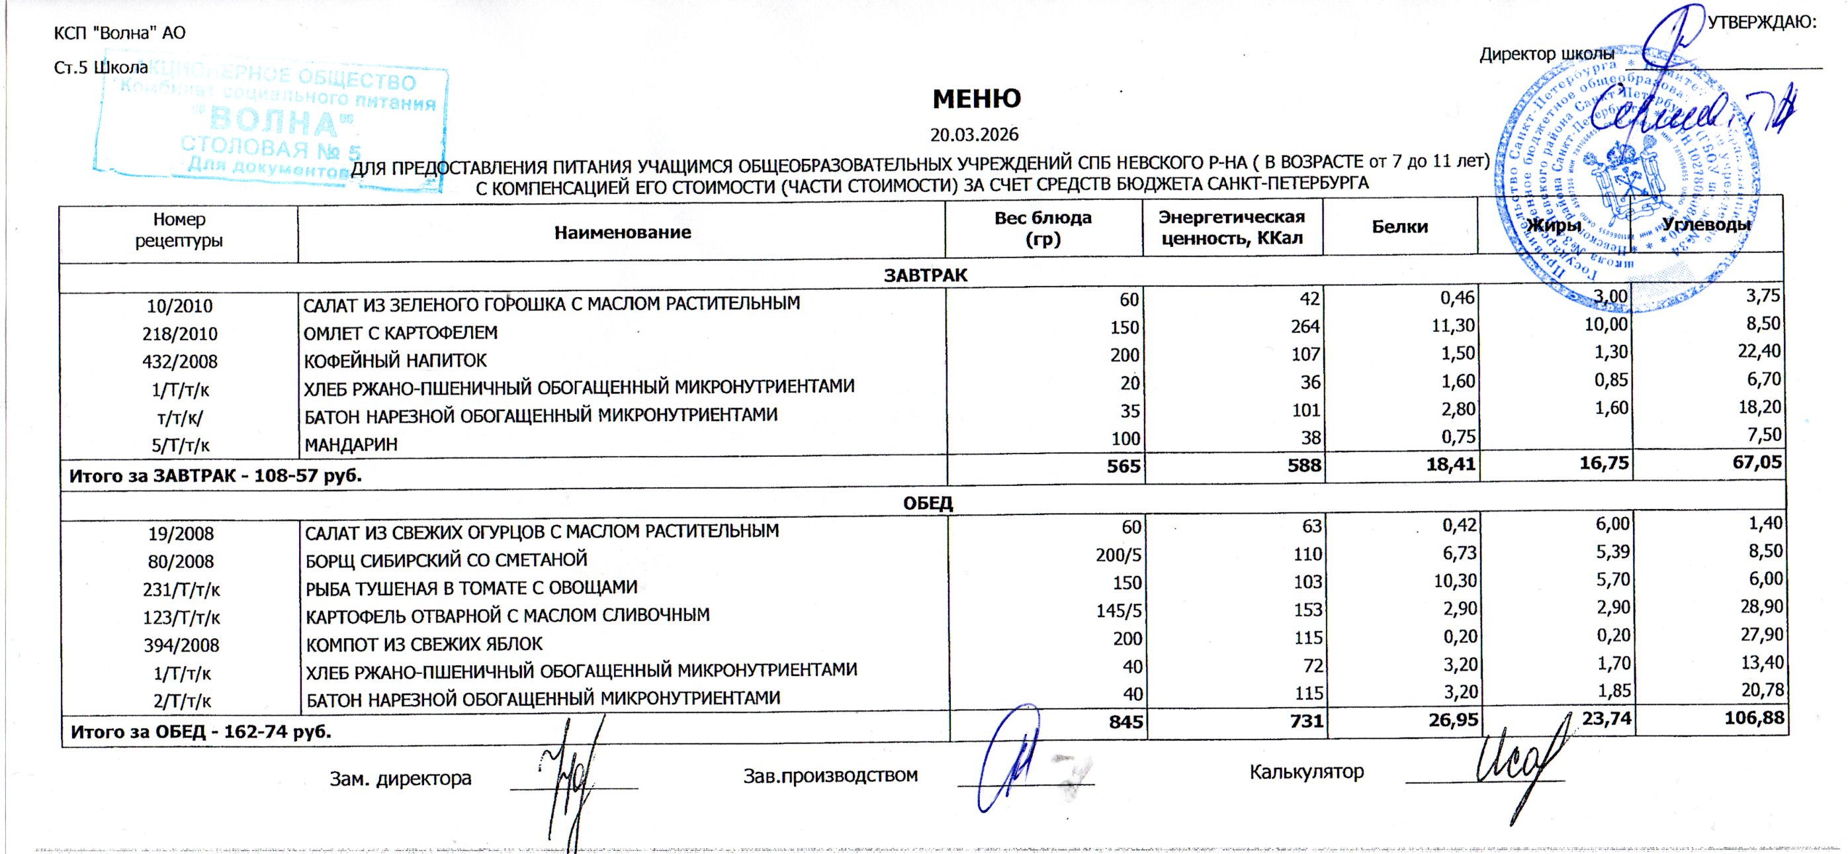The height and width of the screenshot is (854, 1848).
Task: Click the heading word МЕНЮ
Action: (977, 99)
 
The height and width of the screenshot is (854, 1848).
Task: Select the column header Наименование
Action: (622, 232)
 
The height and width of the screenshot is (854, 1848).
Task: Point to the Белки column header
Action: (1399, 227)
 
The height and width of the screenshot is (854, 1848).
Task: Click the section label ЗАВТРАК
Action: (926, 275)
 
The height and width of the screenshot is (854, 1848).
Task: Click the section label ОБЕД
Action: (927, 503)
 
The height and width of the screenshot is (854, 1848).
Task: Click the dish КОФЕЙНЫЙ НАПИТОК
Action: (395, 360)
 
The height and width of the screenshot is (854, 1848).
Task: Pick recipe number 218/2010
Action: (180, 334)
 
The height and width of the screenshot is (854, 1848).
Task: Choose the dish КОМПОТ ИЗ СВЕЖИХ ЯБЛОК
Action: (424, 644)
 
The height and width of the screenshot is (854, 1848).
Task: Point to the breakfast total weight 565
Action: (1123, 467)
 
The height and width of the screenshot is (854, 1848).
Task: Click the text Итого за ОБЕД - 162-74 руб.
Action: (201, 732)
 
